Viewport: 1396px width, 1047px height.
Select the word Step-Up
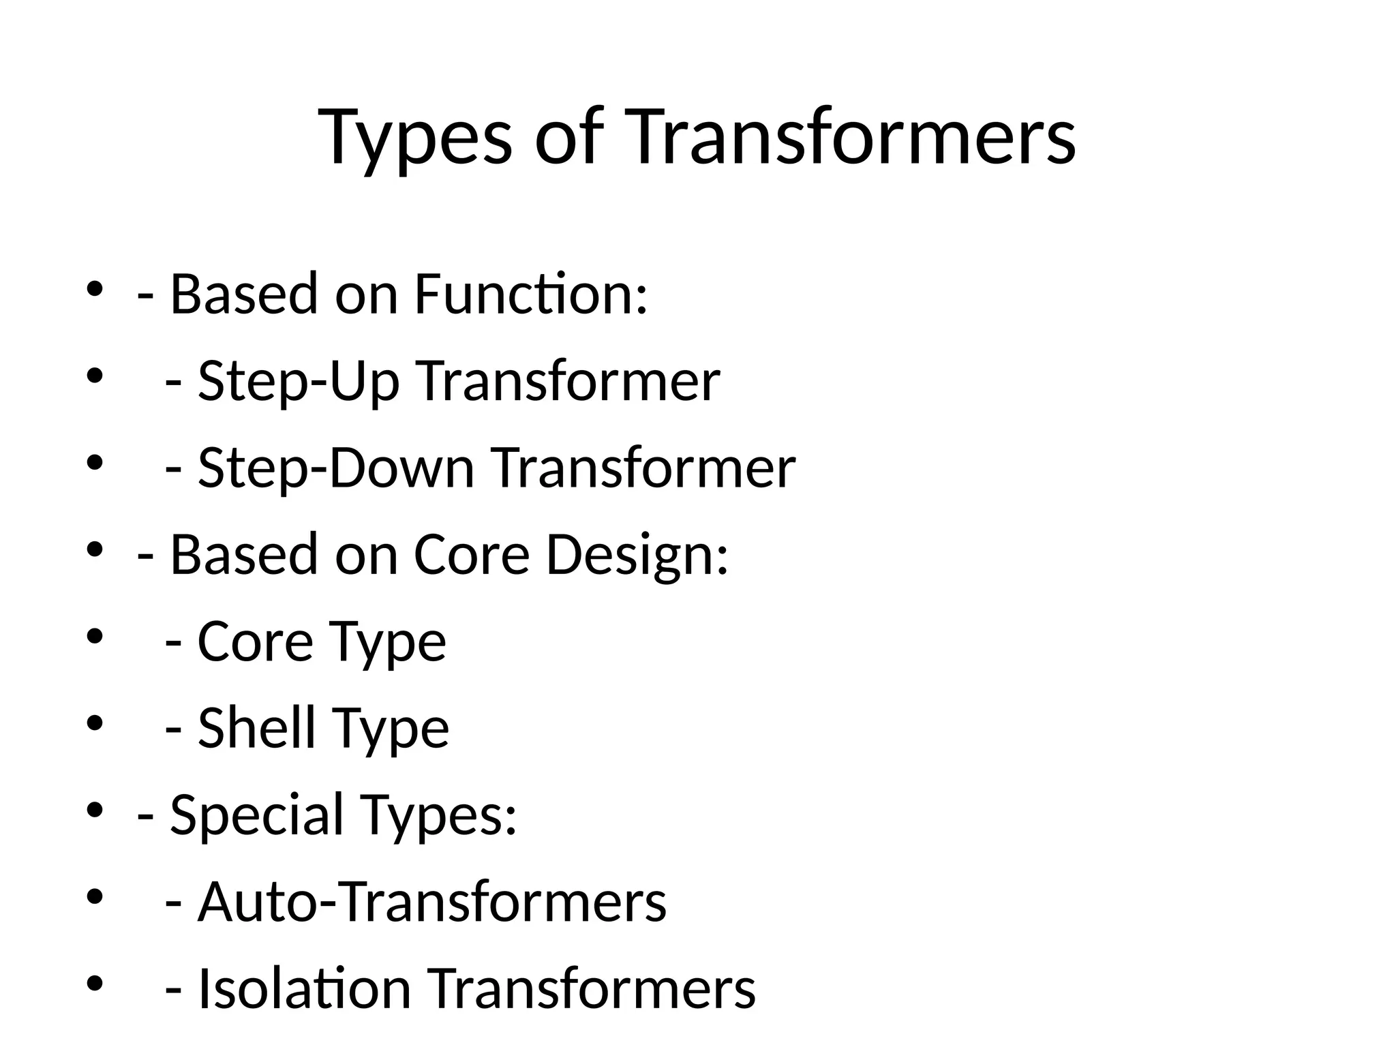point(299,381)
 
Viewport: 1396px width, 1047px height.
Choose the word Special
point(256,815)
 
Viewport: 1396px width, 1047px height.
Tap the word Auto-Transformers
point(432,902)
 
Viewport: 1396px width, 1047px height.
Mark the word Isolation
point(304,988)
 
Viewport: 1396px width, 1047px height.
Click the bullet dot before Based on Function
point(95,289)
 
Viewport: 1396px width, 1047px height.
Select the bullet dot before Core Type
point(95,637)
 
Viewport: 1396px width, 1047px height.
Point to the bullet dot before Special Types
point(95,810)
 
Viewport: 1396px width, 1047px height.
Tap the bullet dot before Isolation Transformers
point(95,984)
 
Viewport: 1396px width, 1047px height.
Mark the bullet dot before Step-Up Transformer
point(95,376)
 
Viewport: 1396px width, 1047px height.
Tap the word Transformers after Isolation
point(591,988)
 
